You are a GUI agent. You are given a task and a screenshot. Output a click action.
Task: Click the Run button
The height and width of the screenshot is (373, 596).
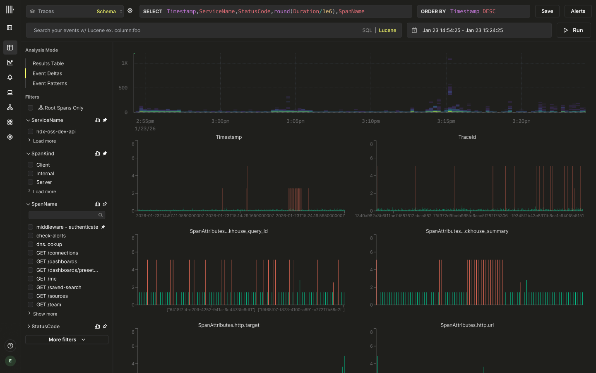574,30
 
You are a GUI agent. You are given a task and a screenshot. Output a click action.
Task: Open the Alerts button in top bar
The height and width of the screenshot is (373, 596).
578,11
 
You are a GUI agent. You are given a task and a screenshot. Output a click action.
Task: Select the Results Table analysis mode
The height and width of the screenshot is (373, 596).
48,63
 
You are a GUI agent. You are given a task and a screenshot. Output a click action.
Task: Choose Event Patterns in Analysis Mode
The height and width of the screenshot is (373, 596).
50,83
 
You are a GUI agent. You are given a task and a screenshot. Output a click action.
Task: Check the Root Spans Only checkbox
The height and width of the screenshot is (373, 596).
30,108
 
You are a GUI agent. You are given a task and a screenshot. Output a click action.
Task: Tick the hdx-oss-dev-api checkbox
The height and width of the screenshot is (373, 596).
30,131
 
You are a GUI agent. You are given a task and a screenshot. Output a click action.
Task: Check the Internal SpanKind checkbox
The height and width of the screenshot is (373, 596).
30,174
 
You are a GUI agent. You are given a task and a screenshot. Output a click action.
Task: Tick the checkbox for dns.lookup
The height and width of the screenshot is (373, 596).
30,245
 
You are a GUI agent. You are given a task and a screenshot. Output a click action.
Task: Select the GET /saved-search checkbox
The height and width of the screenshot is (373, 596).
30,288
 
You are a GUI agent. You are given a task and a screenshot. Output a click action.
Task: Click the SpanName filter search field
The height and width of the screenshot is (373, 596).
63,215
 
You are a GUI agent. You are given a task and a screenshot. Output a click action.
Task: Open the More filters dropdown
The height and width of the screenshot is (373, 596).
67,340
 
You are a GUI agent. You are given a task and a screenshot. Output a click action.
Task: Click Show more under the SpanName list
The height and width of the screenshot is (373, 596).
45,314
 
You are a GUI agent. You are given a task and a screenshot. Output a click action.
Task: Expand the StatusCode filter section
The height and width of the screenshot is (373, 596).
45,327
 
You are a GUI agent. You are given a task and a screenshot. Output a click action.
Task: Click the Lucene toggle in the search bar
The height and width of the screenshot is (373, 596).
387,30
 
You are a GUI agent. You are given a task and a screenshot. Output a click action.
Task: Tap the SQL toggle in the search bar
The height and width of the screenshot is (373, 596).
367,30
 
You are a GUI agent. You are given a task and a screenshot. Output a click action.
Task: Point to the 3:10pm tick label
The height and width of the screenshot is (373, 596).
370,121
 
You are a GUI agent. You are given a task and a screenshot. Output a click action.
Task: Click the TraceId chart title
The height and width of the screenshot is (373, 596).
467,137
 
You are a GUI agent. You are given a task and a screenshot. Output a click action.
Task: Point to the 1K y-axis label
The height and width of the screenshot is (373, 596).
125,63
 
